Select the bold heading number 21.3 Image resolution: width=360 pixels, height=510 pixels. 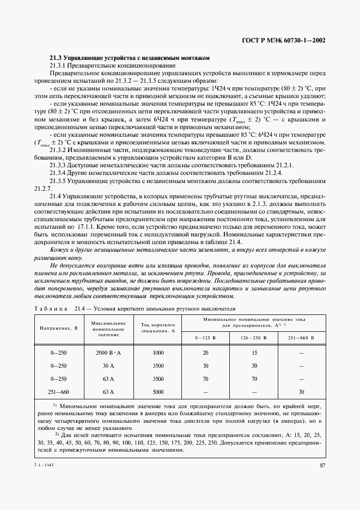pyautogui.click(x=56, y=58)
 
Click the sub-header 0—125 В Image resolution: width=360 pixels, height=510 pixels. pyautogui.click(x=205, y=338)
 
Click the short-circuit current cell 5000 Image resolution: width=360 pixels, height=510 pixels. pyautogui.click(x=158, y=391)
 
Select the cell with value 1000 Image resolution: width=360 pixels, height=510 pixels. pyautogui.click(x=158, y=353)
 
